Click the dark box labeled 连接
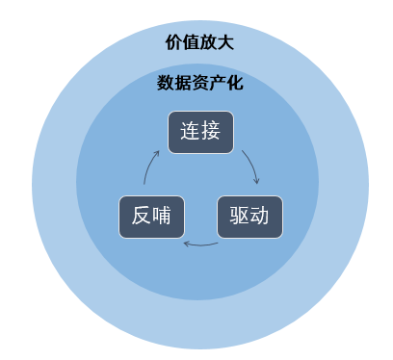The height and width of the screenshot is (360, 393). (201, 134)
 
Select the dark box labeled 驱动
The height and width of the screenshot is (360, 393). (249, 217)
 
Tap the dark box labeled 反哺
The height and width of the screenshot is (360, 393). (151, 217)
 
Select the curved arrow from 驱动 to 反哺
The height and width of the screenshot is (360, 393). (200, 244)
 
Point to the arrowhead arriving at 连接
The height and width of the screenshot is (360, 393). (158, 151)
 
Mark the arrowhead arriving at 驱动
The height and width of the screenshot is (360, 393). (255, 181)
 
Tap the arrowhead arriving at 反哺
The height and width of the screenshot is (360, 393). (186, 243)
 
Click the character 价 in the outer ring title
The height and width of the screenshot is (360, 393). (173, 42)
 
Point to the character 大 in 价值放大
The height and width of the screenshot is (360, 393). (225, 42)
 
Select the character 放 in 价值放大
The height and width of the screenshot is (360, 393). (208, 42)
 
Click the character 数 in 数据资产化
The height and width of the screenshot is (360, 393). (165, 83)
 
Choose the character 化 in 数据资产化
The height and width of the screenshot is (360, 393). (234, 83)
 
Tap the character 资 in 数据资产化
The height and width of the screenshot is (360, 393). (199, 83)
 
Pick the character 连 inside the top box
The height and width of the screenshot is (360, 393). (191, 134)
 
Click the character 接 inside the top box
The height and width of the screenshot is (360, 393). (212, 134)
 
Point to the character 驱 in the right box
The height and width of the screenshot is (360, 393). (239, 217)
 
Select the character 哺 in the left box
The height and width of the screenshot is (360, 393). (162, 217)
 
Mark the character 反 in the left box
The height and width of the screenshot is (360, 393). (141, 217)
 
